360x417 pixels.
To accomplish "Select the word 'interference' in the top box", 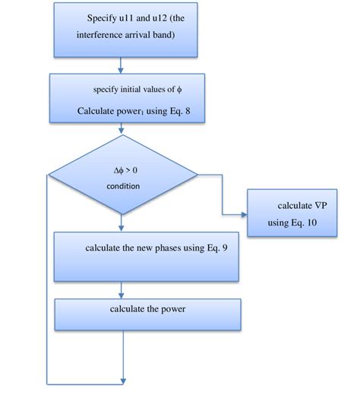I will coord(103,35).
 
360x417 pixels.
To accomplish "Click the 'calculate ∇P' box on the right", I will coord(292,215).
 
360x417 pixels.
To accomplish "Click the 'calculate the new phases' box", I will coord(147,257).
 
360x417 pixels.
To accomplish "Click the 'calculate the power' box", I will coord(147,314).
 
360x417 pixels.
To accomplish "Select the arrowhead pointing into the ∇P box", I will coord(244,214).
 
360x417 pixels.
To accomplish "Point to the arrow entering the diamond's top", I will coord(122,132).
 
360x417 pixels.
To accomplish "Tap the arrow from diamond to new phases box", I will coord(122,223).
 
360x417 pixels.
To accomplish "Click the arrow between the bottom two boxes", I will coord(122,290).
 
